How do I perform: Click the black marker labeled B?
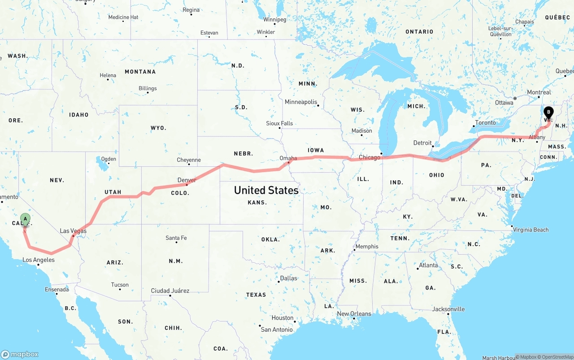[548, 113]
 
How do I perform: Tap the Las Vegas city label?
[73, 231]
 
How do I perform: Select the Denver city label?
[187, 180]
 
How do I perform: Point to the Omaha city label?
[288, 158]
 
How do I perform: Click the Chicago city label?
[369, 157]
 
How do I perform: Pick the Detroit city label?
[422, 143]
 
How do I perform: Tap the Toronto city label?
[485, 122]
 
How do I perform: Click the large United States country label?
[266, 190]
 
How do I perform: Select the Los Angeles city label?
[39, 260]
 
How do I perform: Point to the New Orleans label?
[354, 314]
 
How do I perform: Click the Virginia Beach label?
[531, 230]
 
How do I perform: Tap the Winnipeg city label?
[274, 20]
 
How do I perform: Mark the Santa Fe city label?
[176, 238]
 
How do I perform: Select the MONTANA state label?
[140, 72]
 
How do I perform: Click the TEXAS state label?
[256, 295]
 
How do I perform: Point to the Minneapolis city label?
[300, 102]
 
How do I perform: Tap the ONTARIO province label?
[419, 32]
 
